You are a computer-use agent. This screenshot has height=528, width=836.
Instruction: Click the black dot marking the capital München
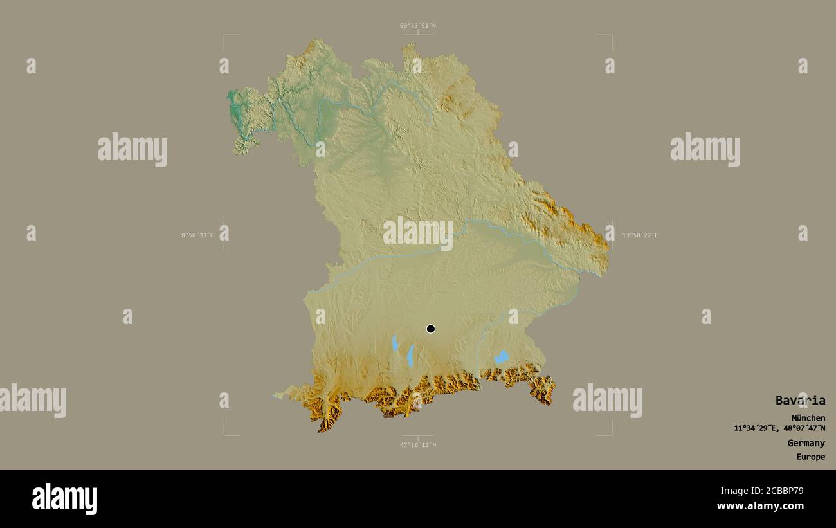[431, 329]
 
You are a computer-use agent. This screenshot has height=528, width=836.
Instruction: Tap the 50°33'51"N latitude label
[417, 26]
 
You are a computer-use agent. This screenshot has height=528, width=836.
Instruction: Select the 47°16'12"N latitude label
[417, 445]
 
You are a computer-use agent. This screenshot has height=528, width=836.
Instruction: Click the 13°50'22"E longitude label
[640, 235]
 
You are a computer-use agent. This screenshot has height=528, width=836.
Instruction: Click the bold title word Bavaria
[800, 401]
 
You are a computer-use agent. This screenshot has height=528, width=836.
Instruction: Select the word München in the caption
[808, 418]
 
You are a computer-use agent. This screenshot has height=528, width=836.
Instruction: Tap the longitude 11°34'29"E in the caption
[756, 428]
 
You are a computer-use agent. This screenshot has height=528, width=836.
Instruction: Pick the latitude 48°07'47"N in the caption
[804, 428]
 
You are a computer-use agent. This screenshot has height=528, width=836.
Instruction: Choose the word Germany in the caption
[806, 443]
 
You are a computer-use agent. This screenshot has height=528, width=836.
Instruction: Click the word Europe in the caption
[810, 457]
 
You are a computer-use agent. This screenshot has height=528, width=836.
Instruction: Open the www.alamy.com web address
[760, 506]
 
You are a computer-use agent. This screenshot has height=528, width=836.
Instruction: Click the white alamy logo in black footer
[64, 499]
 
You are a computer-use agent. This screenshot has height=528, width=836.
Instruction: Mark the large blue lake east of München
[501, 357]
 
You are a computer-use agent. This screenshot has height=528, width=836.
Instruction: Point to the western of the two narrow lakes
[395, 343]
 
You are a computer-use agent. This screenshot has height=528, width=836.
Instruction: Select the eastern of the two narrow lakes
[410, 355]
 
